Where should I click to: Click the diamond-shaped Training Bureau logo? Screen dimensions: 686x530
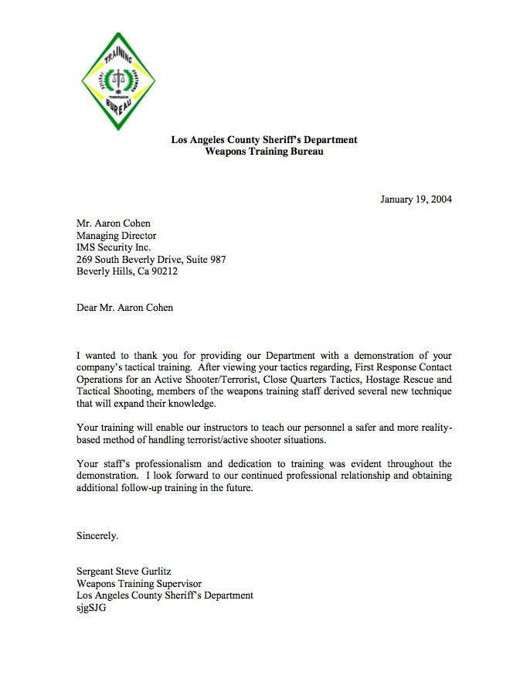[x=118, y=81]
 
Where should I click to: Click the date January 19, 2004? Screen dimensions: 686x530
[x=416, y=200]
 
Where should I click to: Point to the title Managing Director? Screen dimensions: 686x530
[x=116, y=236]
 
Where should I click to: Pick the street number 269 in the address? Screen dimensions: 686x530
[x=84, y=260]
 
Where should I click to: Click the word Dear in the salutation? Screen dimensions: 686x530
[x=87, y=308]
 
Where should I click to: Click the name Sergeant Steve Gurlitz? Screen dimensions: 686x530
[x=128, y=572]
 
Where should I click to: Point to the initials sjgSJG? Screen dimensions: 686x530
[x=91, y=608]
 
